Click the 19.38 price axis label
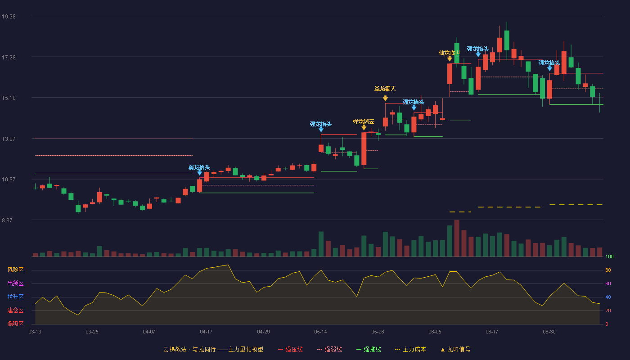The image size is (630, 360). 9,17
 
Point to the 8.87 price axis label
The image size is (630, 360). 7,220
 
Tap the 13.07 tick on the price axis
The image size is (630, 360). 9,139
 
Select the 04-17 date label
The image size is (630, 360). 206,332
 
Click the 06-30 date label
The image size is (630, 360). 549,332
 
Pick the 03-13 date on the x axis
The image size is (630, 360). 35,332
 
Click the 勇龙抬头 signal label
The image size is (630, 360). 199,167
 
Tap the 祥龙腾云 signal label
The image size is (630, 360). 364,122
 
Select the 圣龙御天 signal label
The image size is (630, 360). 385,89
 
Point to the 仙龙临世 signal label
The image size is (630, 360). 450,53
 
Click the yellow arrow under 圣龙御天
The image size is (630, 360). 385,98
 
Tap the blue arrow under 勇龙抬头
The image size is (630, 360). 199,172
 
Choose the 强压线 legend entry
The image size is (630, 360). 290,349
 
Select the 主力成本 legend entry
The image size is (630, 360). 410,349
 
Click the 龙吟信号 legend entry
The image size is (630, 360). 455,349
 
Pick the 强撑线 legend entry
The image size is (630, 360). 369,349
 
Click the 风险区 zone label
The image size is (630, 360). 15,270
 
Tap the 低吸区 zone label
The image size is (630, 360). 15,324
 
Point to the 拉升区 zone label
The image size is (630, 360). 15,297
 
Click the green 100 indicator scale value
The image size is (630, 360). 609,256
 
